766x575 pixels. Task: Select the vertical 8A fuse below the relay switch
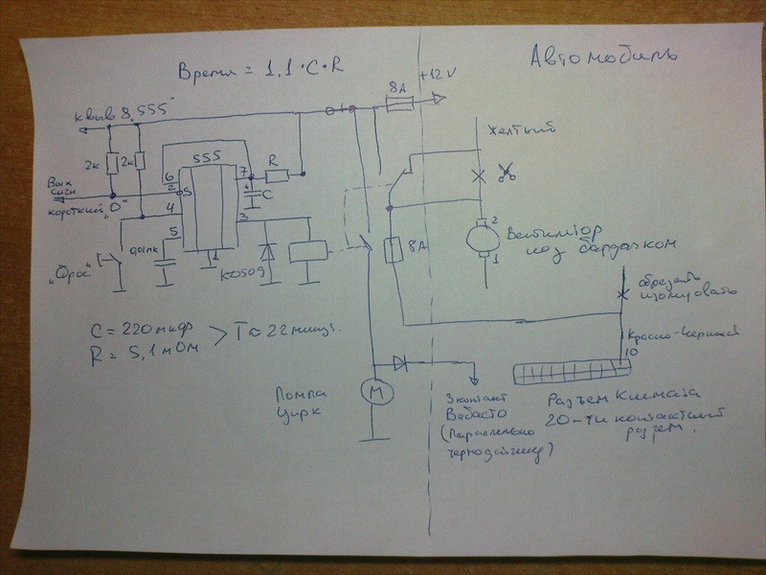pyautogui.click(x=390, y=250)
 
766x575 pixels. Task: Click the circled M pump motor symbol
pyautogui.click(x=371, y=392)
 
